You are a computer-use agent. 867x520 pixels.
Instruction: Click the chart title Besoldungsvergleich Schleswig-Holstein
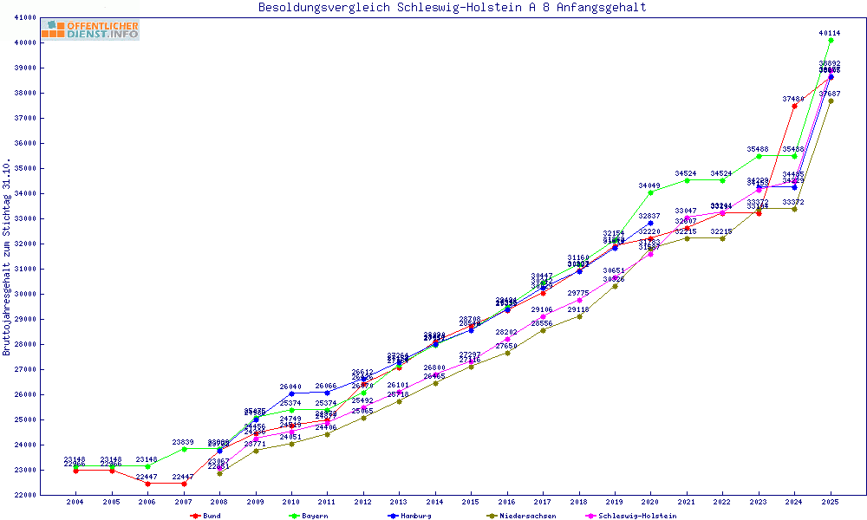[x=452, y=8]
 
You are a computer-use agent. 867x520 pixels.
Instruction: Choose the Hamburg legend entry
[x=412, y=516]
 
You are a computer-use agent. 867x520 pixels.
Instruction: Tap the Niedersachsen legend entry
[x=520, y=516]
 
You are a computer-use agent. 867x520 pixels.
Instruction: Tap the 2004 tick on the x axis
[x=75, y=502]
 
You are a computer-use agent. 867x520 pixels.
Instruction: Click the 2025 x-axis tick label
[x=831, y=502]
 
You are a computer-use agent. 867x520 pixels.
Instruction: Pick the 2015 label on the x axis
[x=471, y=502]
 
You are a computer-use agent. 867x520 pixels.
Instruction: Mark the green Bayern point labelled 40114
[x=831, y=40]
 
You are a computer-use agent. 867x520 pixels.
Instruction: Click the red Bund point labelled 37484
[x=794, y=106]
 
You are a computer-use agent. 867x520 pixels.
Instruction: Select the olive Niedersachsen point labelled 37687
[x=831, y=101]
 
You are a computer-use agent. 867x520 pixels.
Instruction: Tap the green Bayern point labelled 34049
[x=650, y=192]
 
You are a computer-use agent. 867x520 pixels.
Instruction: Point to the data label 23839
[x=184, y=442]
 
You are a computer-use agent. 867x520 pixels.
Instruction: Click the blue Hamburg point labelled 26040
[x=291, y=393]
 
